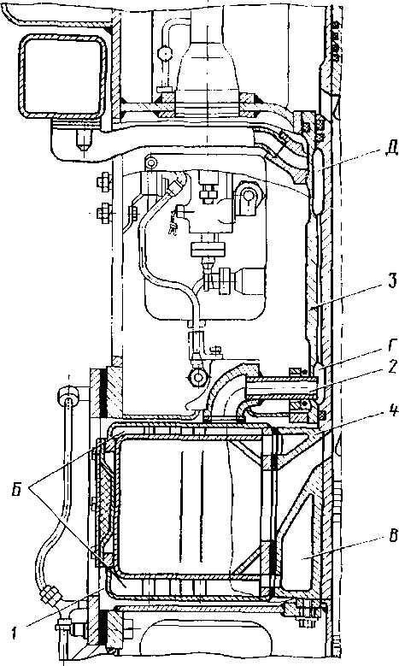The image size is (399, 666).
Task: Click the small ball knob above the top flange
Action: pyautogui.click(x=164, y=54)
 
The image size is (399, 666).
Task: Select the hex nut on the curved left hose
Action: pyautogui.click(x=50, y=594)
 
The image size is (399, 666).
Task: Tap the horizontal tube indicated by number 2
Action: pyautogui.click(x=281, y=387)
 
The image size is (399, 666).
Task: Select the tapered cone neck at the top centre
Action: pyautogui.click(x=206, y=68)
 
